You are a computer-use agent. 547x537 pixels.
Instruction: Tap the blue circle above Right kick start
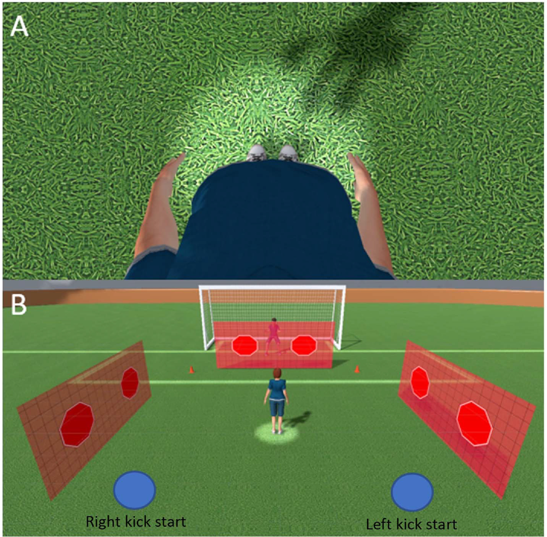[134, 490]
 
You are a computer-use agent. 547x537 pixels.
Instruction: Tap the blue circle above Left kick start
[412, 492]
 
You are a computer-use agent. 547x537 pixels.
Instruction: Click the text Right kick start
[136, 522]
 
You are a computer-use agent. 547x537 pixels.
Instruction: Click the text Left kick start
[411, 524]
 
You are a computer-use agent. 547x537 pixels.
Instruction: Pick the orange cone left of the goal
[191, 369]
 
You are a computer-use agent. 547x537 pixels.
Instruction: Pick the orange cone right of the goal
[357, 369]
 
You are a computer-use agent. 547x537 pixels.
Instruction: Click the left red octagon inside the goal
[245, 345]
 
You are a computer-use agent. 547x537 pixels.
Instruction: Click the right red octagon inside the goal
[304, 345]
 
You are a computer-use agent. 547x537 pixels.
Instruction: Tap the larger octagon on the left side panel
[77, 424]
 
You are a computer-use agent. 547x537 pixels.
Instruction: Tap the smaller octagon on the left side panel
[130, 382]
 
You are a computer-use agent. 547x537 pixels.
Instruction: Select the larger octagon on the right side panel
[474, 423]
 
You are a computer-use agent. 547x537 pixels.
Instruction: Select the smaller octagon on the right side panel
[420, 382]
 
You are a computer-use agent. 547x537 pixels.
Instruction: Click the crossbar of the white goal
[272, 288]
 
